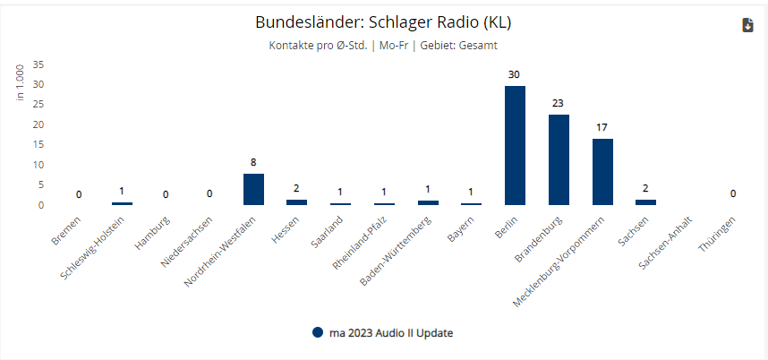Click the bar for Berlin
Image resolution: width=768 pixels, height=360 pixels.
(515, 146)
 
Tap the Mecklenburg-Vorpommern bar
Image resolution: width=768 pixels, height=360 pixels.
(602, 172)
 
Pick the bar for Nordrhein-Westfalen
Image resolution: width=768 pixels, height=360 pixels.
(253, 189)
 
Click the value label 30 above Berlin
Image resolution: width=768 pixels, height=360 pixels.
(515, 75)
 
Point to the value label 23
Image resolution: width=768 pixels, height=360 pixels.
(559, 104)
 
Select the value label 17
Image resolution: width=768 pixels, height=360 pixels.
(602, 127)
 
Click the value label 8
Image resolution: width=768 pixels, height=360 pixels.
(253, 162)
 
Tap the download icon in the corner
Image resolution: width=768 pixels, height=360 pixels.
(748, 25)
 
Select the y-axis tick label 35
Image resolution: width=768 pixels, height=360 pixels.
(38, 64)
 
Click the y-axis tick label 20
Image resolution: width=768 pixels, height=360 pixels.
(38, 124)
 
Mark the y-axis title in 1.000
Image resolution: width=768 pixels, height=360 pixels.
(20, 81)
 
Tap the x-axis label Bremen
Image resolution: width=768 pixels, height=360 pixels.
(66, 227)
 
